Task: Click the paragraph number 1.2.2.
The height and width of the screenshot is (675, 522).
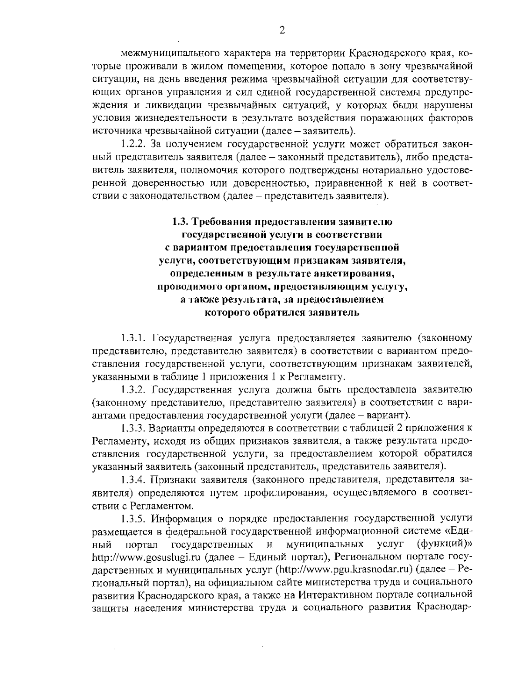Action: (x=133, y=144)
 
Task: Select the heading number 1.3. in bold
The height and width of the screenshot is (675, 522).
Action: (x=180, y=222)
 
